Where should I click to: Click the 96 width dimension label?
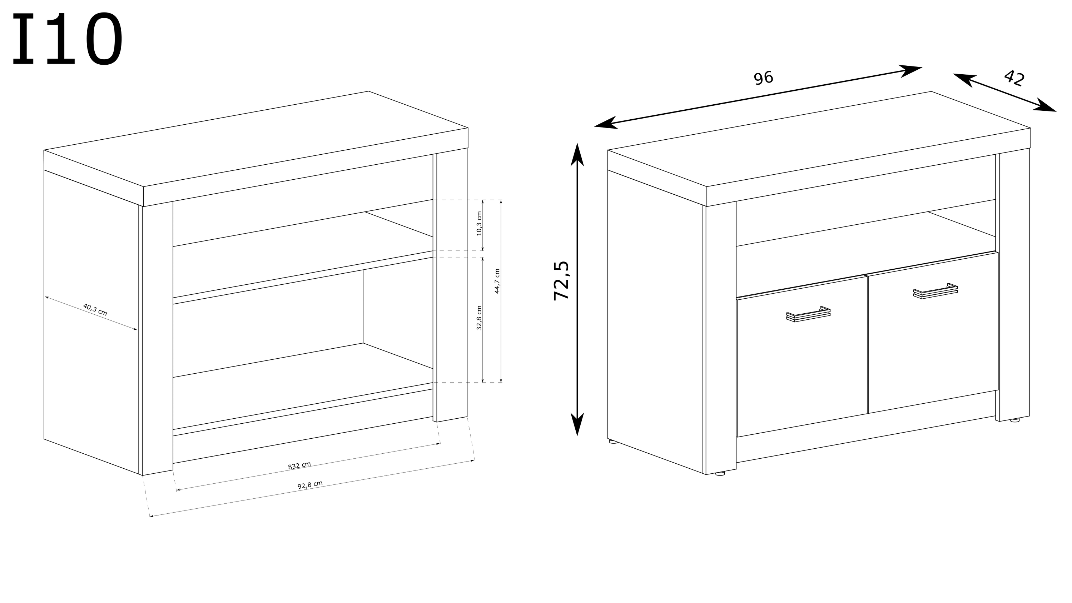pyautogui.click(x=763, y=78)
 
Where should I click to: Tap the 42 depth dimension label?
pyautogui.click(x=1014, y=78)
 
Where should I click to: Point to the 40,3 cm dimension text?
pyautogui.click(x=95, y=310)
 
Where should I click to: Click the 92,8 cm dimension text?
pyautogui.click(x=310, y=485)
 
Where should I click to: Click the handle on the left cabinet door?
pyautogui.click(x=808, y=314)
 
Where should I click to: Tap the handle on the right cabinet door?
pyautogui.click(x=935, y=291)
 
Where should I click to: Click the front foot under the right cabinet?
pyautogui.click(x=720, y=473)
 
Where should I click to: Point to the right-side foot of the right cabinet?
pyautogui.click(x=1014, y=420)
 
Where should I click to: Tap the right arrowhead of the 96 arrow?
pyautogui.click(x=911, y=71)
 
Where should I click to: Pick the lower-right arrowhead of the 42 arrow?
pyautogui.click(x=1045, y=105)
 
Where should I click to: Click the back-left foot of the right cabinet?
pyautogui.click(x=613, y=441)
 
